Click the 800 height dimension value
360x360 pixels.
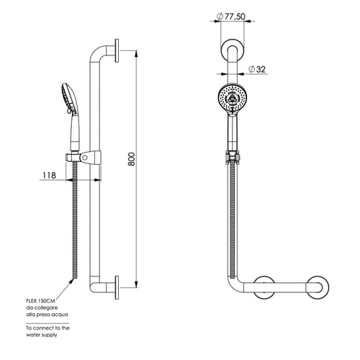pyautogui.click(x=132, y=159)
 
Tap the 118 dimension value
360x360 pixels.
pyautogui.click(x=49, y=176)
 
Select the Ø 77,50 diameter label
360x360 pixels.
pyautogui.click(x=231, y=17)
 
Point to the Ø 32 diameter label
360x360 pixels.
pyautogui.click(x=257, y=69)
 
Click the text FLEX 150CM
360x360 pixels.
pyautogui.click(x=41, y=301)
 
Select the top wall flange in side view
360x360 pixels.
pyautogui.click(x=117, y=50)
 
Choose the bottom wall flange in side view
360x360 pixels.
pyautogui.click(x=117, y=287)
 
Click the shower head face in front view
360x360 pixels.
pyautogui.click(x=232, y=98)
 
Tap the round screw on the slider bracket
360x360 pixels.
pyautogui.click(x=84, y=158)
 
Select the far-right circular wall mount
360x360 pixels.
pyautogui.click(x=318, y=287)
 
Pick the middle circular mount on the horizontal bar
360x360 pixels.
pyautogui.click(x=264, y=287)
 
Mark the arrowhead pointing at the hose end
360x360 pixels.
pyautogui.click(x=71, y=281)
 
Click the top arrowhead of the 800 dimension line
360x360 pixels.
pyautogui.click(x=136, y=54)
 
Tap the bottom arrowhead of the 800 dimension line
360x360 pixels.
pyautogui.click(x=136, y=284)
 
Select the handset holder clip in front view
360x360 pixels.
pyautogui.click(x=233, y=158)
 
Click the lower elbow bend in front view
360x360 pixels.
pyautogui.click(x=233, y=286)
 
